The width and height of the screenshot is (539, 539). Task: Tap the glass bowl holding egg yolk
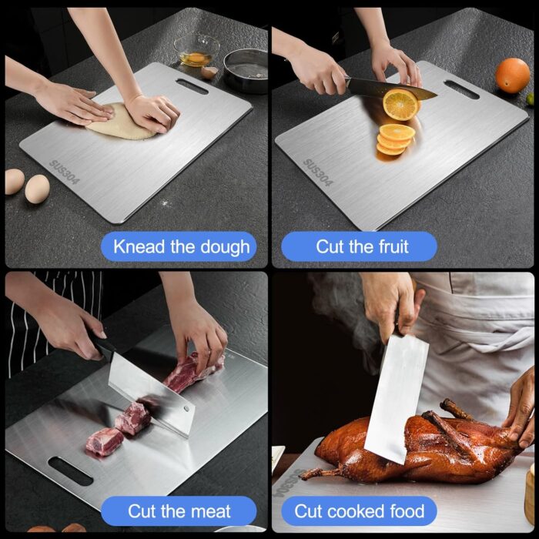196,50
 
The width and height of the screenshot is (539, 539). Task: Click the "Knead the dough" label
180,247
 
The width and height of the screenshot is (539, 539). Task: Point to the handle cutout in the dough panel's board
192,85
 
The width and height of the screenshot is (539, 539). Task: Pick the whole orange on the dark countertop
512,75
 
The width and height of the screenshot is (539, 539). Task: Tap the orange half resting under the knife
400,104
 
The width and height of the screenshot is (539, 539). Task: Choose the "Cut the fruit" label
362,247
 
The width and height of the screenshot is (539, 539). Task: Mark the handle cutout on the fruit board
461,89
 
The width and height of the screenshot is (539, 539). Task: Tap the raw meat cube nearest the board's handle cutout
104,442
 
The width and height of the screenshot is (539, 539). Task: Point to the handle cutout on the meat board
70,470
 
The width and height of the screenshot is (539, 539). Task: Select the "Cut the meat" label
179,511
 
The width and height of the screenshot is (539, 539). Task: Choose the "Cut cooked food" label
359,511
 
